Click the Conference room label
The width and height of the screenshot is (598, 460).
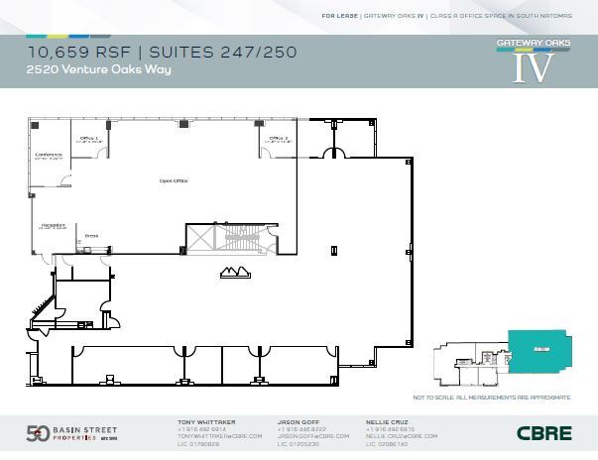49,156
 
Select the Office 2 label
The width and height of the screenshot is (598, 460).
279,138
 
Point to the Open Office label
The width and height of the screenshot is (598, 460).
175,181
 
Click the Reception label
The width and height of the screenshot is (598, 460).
54,225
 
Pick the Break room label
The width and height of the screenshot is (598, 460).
91,235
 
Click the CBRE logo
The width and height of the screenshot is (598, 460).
543,433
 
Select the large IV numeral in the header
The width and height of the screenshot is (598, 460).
534,66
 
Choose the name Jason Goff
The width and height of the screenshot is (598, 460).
297,421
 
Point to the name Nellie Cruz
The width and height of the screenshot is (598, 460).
386,421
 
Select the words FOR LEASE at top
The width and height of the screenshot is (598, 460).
340,16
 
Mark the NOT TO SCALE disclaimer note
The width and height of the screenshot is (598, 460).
492,397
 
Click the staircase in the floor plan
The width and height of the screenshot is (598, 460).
227,238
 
